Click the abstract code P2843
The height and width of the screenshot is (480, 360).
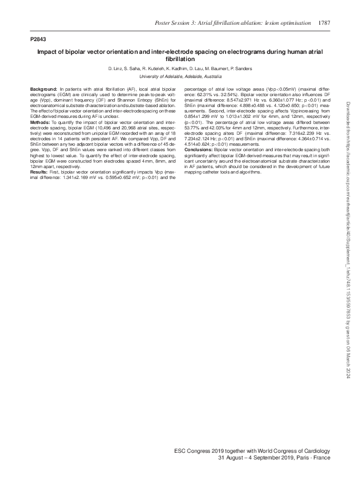(38, 39)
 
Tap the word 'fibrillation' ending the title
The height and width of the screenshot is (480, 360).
(180, 60)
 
